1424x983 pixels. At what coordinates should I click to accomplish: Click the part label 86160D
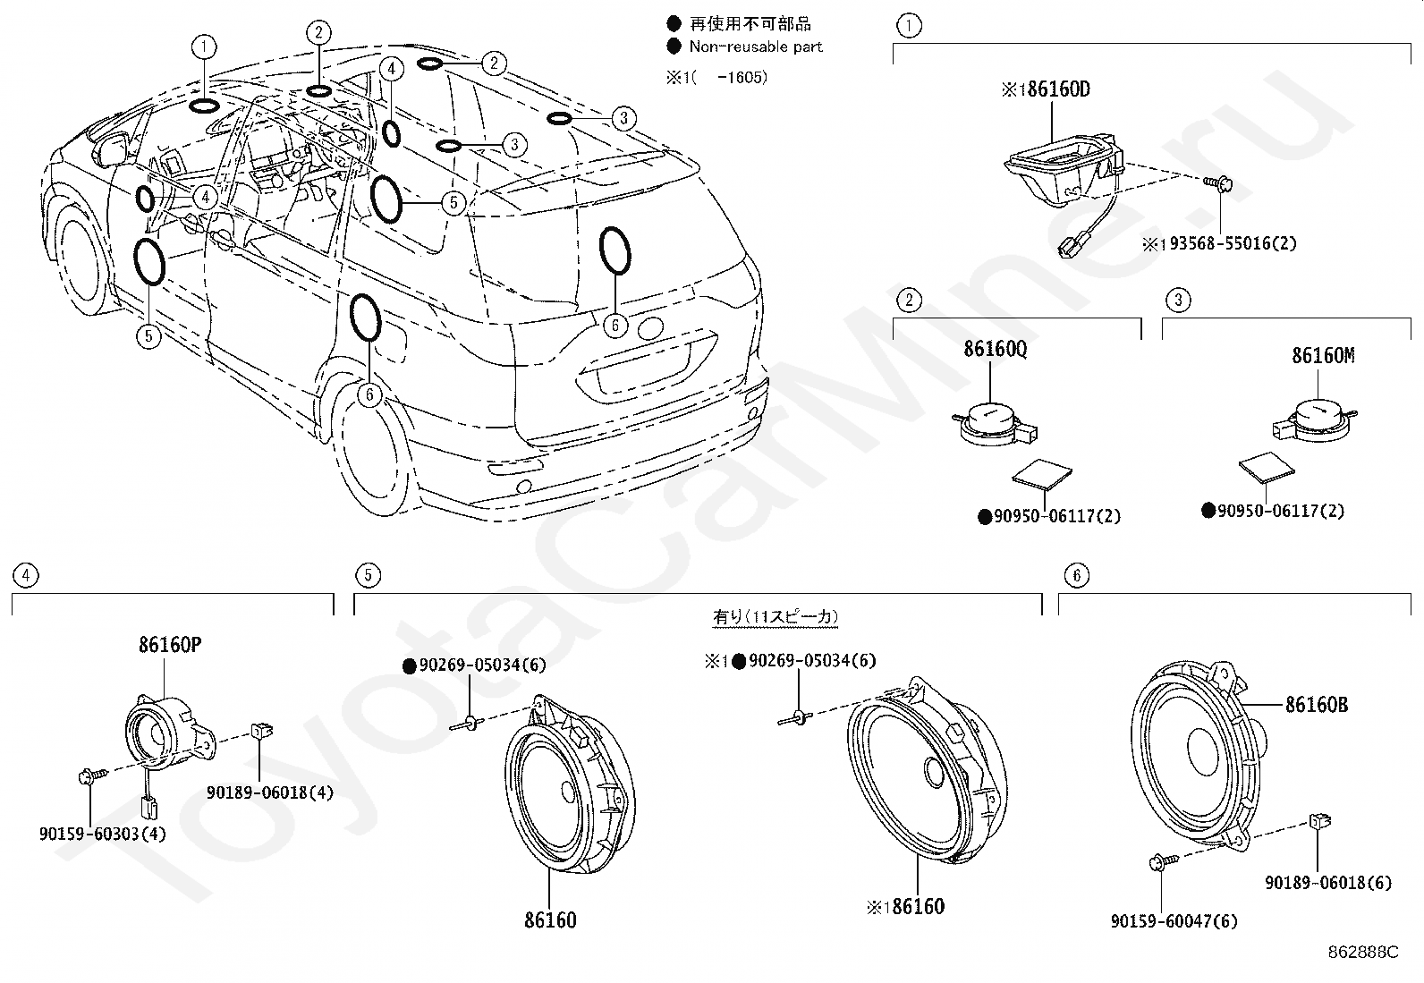tap(1058, 89)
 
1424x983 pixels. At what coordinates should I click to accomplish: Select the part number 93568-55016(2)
tap(1233, 243)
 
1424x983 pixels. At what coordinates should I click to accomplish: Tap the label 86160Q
tap(996, 349)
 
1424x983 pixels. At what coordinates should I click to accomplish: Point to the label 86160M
tap(1323, 355)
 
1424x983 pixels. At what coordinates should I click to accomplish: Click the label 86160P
tap(170, 645)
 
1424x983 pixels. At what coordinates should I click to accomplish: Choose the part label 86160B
tap(1317, 705)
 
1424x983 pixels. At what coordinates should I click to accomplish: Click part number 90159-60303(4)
tap(102, 834)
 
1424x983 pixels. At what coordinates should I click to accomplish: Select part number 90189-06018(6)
tap(1328, 883)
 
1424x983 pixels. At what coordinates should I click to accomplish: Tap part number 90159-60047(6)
tap(1174, 921)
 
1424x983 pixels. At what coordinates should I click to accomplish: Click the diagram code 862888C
tap(1363, 953)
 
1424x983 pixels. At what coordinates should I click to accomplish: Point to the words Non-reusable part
tap(756, 47)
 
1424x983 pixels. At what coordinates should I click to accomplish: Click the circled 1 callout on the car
tap(204, 47)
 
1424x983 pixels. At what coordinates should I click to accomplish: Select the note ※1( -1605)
tap(716, 78)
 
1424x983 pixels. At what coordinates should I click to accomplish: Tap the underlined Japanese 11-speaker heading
tap(776, 617)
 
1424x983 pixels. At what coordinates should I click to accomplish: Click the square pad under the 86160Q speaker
tap(1042, 474)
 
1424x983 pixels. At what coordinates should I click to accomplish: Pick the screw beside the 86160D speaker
tap(1218, 184)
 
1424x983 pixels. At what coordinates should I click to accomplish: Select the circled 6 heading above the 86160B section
tap(1076, 575)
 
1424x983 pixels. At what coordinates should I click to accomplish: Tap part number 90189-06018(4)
tap(270, 792)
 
